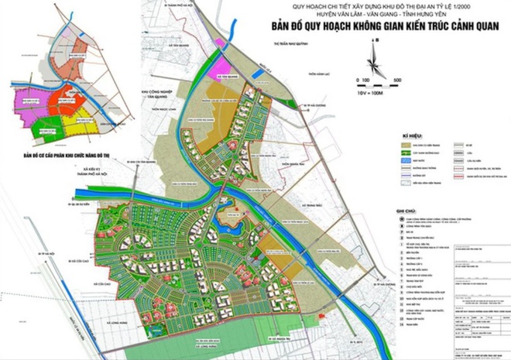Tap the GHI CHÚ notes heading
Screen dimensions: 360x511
click(x=407, y=210)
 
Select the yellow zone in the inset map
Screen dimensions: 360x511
click(x=72, y=119)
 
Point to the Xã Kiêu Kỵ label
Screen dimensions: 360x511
click(x=95, y=177)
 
